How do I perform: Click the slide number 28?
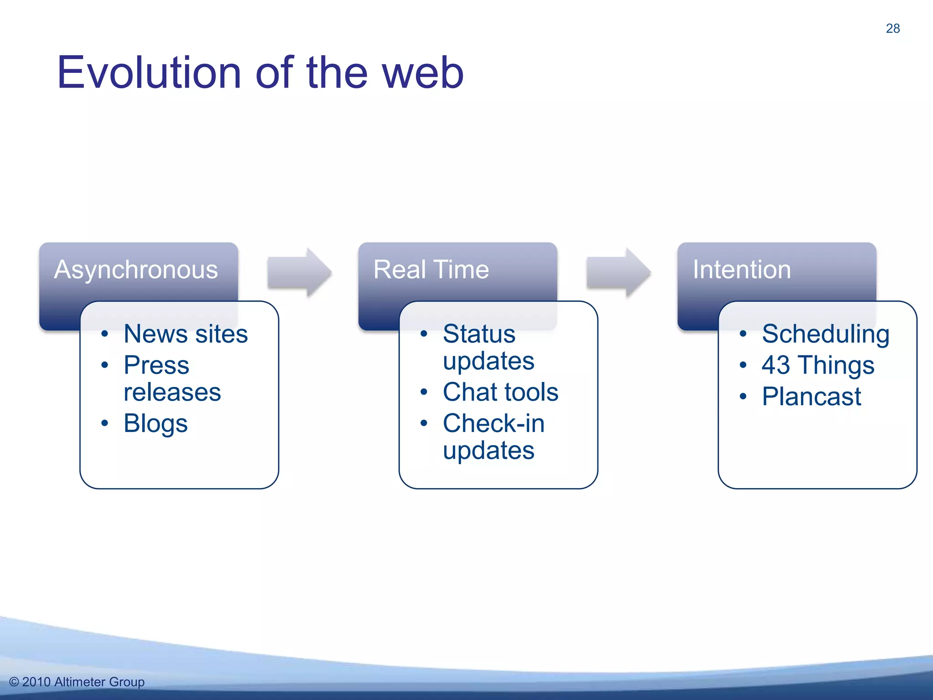[x=892, y=28]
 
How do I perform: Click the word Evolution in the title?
[x=149, y=72]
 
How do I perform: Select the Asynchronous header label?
[x=136, y=269]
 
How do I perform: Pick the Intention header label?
[x=742, y=269]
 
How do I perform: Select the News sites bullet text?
[x=185, y=334]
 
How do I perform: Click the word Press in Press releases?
[x=156, y=365]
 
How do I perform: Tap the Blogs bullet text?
[x=155, y=423]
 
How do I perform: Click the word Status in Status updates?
[x=479, y=334]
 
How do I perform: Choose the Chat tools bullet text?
[x=500, y=392]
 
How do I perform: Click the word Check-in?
[x=493, y=423]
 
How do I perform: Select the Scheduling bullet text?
[x=825, y=334]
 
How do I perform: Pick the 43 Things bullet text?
[x=818, y=365]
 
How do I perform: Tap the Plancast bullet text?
[x=811, y=396]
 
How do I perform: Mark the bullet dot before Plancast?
[x=743, y=396]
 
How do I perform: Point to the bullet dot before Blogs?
[x=105, y=423]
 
